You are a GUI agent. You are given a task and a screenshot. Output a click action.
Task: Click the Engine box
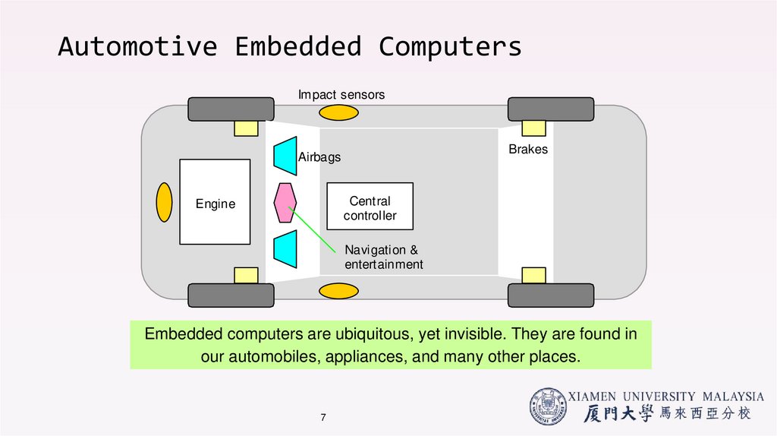coord(215,202)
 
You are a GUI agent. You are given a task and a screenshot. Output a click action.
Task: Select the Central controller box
coord(370,207)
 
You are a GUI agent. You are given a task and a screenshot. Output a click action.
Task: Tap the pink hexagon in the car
coord(285,202)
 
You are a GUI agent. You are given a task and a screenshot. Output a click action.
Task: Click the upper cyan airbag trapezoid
coord(285,155)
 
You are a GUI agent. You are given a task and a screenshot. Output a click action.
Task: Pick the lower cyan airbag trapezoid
coord(285,248)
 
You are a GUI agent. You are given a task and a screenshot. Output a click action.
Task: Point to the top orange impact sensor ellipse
coord(338,113)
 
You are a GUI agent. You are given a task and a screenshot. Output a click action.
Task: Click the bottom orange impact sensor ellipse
coord(338,291)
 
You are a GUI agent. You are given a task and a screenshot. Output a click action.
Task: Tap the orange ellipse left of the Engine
coord(164,202)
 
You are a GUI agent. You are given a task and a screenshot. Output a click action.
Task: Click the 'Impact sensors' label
coord(341,95)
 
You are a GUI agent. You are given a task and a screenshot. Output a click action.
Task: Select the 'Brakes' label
coord(528,150)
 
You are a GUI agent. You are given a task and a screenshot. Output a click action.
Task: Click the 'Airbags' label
coord(319,158)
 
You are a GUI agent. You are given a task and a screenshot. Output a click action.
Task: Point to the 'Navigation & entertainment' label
coord(383,257)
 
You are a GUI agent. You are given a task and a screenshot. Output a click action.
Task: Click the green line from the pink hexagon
coord(314,230)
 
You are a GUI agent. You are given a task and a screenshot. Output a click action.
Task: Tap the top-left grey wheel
coord(231,109)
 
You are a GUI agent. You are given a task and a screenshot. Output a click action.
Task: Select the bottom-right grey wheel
coord(551,295)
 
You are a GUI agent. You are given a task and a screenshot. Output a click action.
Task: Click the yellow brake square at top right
coord(534,128)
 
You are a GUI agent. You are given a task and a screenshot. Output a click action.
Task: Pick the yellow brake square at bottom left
coord(246,275)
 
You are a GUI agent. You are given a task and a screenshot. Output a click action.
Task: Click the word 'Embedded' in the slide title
coord(299,47)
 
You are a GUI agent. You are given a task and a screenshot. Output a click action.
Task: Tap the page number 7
coord(323,419)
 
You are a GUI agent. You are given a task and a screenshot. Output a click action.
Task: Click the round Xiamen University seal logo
coord(548,407)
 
